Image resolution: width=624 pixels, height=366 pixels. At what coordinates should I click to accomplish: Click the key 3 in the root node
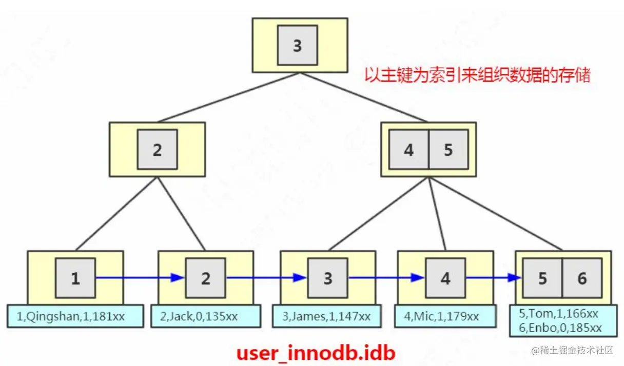(297, 46)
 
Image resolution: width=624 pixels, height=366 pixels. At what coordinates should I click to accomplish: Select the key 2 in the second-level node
(157, 149)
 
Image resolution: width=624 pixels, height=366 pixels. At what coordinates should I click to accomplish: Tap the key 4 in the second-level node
(408, 149)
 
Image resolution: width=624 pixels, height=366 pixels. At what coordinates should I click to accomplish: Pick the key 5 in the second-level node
(448, 149)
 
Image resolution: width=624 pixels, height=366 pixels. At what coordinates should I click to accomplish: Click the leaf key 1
(75, 278)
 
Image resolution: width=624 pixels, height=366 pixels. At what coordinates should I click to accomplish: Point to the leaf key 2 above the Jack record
(206, 278)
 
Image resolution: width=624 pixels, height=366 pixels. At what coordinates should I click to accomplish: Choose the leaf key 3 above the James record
(328, 278)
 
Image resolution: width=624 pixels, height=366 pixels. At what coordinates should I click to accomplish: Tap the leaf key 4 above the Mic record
(445, 278)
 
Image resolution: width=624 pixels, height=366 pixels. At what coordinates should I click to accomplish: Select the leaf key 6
(582, 278)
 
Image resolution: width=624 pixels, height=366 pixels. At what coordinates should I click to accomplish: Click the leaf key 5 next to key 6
(543, 278)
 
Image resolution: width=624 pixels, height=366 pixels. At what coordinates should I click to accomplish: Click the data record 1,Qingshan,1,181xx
(75, 316)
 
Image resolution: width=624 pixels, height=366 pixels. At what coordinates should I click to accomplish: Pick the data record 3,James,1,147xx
(327, 316)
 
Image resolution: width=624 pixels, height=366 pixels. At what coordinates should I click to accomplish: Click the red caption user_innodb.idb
(316, 353)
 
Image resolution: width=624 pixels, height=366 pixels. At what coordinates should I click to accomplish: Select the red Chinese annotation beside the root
(477, 76)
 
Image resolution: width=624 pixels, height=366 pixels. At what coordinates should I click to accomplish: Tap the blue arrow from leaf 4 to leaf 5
(493, 278)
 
